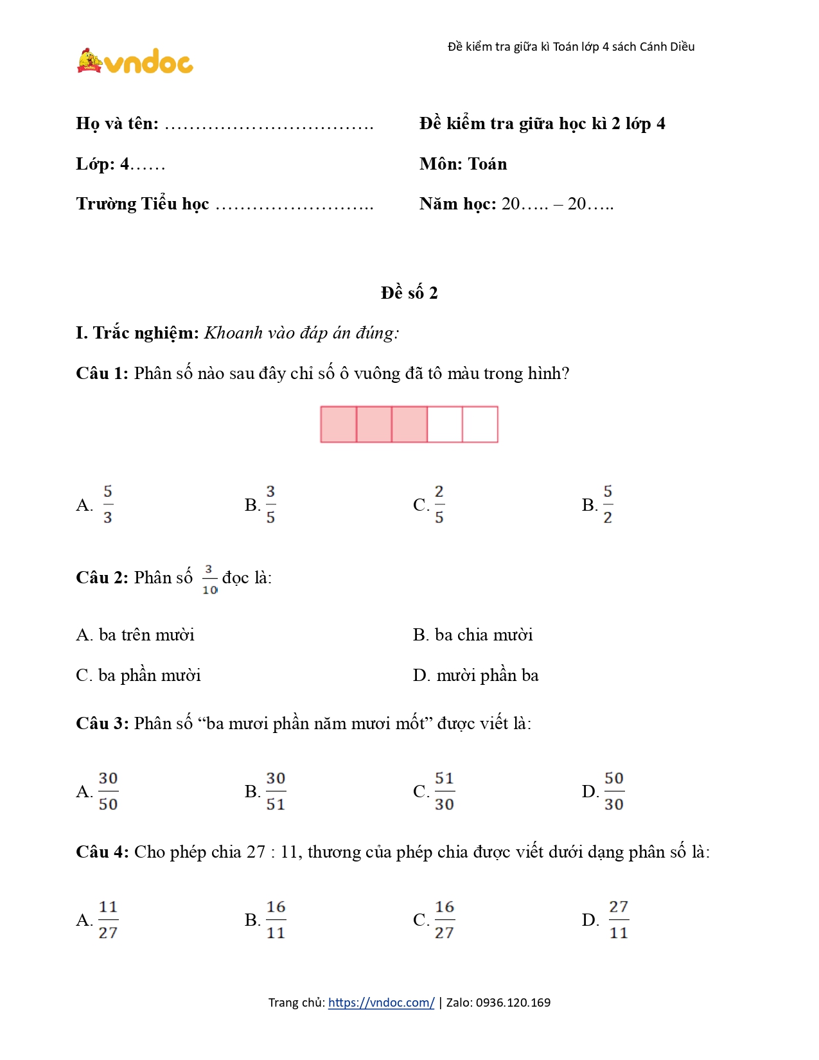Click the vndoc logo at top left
pyautogui.click(x=135, y=62)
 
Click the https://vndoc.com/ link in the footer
pyautogui.click(x=381, y=1002)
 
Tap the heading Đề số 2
pyautogui.click(x=409, y=293)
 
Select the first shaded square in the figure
pyautogui.click(x=339, y=424)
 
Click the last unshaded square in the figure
pyautogui.click(x=480, y=424)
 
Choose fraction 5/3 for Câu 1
pyautogui.click(x=107, y=504)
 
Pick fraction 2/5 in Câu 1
pyautogui.click(x=439, y=504)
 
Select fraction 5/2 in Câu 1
pyautogui.click(x=608, y=504)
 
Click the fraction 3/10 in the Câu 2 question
pyautogui.click(x=209, y=579)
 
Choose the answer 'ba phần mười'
pyautogui.click(x=138, y=675)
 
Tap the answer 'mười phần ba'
pyautogui.click(x=476, y=675)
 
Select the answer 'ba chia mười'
pyautogui.click(x=473, y=635)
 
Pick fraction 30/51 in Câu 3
pyautogui.click(x=276, y=791)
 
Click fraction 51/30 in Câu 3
pyautogui.click(x=444, y=791)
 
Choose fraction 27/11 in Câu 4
pyautogui.click(x=618, y=919)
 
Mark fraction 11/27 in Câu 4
pyautogui.click(x=108, y=919)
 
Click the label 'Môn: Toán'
pyautogui.click(x=463, y=164)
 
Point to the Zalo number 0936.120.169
pyautogui.click(x=513, y=1002)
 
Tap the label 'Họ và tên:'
pyautogui.click(x=117, y=123)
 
